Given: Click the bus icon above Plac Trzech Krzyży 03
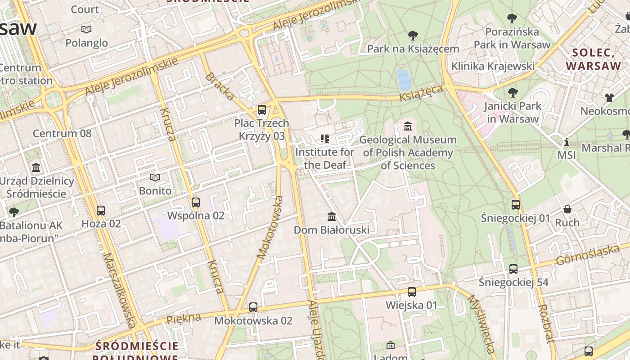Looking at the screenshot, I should [x=261, y=109].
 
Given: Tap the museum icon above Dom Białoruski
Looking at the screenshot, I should [x=332, y=216].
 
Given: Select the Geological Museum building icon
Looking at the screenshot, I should [x=408, y=126].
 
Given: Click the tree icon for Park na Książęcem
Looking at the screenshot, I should [x=413, y=35].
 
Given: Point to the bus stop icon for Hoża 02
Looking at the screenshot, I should [x=101, y=210].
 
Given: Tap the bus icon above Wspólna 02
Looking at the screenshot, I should [x=195, y=202].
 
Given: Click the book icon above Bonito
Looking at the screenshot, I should [x=155, y=177].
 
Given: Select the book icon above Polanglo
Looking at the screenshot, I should [x=86, y=29].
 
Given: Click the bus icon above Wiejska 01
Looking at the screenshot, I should [x=411, y=292].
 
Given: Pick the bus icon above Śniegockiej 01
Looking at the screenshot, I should [x=516, y=204].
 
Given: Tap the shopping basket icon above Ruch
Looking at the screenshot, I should [x=567, y=209].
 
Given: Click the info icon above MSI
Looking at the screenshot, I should [x=567, y=142].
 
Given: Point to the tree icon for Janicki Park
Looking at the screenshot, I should [x=512, y=93].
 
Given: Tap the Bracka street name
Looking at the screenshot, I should [x=220, y=85].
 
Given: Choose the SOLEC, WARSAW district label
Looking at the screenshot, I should [x=593, y=59].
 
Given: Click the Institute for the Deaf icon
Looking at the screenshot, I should [x=324, y=138].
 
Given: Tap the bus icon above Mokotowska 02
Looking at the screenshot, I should [x=253, y=307].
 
